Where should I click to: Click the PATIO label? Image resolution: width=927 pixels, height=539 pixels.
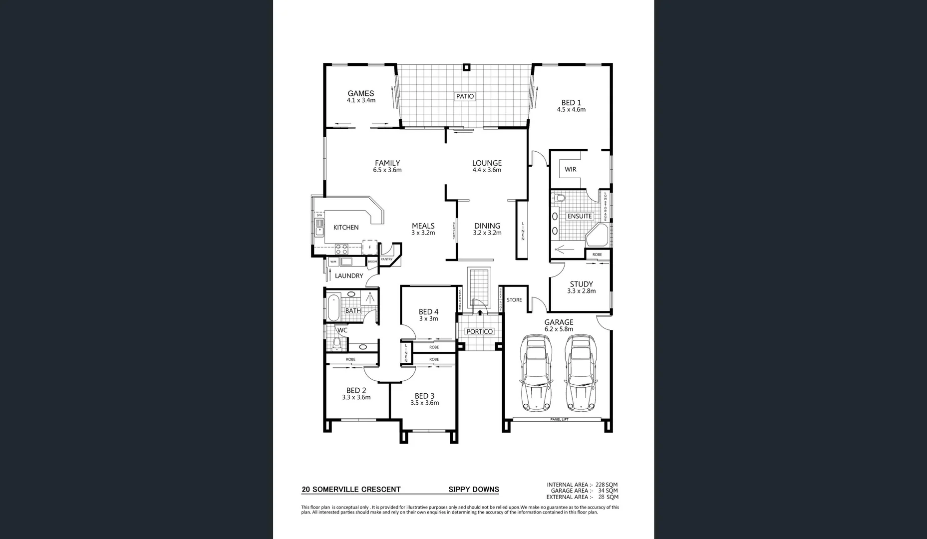pyautogui.click(x=465, y=96)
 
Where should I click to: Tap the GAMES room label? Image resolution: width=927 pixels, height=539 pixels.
pyautogui.click(x=361, y=93)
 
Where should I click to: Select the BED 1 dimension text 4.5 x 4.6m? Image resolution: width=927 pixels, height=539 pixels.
pyautogui.click(x=571, y=110)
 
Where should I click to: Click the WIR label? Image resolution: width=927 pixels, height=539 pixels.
pyautogui.click(x=571, y=169)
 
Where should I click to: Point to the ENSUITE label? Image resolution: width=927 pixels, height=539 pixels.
pyautogui.click(x=580, y=216)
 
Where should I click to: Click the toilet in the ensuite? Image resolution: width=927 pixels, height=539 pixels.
pyautogui.click(x=559, y=198)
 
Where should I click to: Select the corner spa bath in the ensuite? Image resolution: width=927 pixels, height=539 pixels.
pyautogui.click(x=598, y=235)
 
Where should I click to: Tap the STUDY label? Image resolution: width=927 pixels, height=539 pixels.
pyautogui.click(x=581, y=284)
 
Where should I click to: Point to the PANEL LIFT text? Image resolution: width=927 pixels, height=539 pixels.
pyautogui.click(x=559, y=420)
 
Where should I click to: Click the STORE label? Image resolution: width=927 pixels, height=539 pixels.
pyautogui.click(x=514, y=300)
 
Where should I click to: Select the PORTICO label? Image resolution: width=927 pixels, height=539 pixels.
pyautogui.click(x=479, y=331)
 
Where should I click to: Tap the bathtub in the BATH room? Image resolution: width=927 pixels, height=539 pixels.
pyautogui.click(x=333, y=307)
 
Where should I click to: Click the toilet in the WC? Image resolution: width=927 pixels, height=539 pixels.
pyautogui.click(x=336, y=343)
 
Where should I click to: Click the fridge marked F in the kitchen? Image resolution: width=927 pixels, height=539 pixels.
pyautogui.click(x=369, y=247)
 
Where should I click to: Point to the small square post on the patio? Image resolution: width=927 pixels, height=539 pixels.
pyautogui.click(x=466, y=67)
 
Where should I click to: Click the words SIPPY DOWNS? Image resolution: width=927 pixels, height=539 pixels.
pyautogui.click(x=473, y=490)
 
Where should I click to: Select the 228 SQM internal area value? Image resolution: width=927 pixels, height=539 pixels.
pyautogui.click(x=607, y=485)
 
